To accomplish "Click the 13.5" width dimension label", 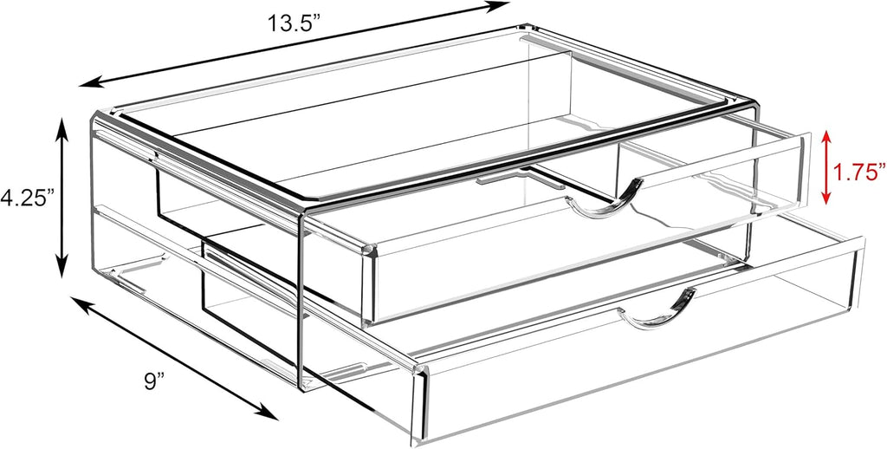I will (294, 23).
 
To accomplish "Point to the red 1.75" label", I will (858, 172).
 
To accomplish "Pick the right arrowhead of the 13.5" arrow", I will (500, 7).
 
